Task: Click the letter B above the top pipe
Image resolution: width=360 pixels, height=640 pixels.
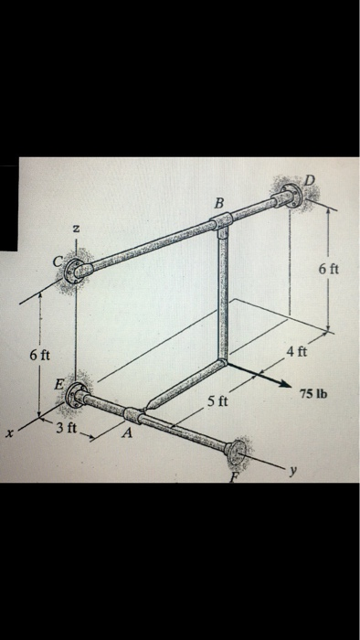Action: coord(217,201)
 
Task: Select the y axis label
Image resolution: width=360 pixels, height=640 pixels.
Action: coord(291,471)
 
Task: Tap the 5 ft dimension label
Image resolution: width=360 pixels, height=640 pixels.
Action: coord(217,401)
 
